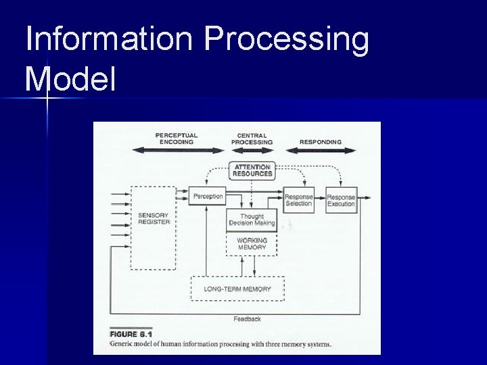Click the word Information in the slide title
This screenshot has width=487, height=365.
tap(108, 40)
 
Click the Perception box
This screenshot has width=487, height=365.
tap(207, 196)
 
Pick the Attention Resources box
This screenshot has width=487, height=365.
tap(252, 170)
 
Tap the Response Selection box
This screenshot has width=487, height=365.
tap(298, 200)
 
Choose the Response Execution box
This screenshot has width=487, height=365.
tap(341, 200)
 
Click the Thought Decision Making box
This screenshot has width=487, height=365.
tap(252, 220)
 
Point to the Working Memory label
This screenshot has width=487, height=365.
tap(252, 244)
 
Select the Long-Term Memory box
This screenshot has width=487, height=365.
tap(237, 289)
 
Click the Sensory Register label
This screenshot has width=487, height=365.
tap(154, 218)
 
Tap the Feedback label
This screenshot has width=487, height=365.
tap(247, 318)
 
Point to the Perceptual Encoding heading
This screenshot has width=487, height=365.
tap(177, 139)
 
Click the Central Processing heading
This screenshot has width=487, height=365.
tap(252, 139)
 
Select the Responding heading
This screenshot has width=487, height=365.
tap(320, 142)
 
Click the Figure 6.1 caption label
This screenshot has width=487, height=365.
tap(133, 334)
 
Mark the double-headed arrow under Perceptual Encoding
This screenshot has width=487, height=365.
tap(177, 150)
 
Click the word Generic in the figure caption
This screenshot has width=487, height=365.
tap(122, 344)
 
